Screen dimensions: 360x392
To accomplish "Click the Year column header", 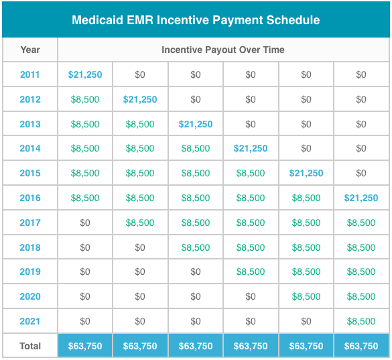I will pos(30,50).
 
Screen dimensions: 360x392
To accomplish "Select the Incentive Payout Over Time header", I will pos(223,50).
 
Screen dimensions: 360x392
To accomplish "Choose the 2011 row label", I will pos(30,74).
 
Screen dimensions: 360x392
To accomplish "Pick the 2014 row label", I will pos(30,149).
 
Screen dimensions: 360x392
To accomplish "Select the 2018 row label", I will pos(30,247).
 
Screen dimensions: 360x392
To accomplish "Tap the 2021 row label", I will pos(30,321).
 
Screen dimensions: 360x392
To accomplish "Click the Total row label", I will pos(30,346).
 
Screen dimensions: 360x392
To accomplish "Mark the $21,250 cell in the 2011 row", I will pos(85,74).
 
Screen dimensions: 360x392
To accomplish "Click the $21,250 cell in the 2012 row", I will pos(140,99).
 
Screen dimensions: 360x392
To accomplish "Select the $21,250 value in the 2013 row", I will pos(196,124).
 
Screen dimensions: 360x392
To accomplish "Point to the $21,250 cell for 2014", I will pos(251,149).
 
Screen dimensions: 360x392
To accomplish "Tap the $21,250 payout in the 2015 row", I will pos(306,173).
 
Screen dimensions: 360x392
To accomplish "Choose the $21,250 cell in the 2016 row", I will pos(361,198).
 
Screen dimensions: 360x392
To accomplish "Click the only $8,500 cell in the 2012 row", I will pos(85,99).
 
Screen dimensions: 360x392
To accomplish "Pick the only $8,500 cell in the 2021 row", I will pos(361,321).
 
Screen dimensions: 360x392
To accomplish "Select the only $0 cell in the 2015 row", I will pos(361,173).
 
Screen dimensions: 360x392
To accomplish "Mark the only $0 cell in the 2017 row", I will pos(85,223).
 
